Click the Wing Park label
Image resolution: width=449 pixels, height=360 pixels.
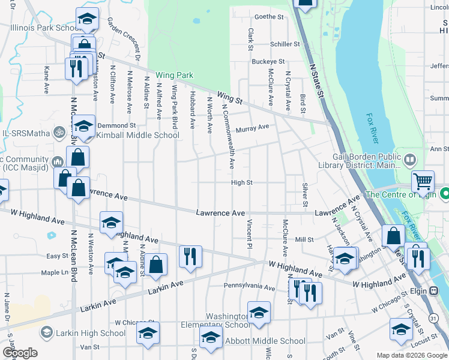(175, 76)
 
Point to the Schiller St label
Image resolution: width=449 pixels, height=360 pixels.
(285, 44)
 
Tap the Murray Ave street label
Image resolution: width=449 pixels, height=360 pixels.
(252, 128)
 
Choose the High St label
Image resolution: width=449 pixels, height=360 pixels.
(242, 182)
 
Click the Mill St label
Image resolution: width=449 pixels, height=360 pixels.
(305, 239)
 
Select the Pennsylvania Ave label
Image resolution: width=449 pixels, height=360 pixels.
(249, 287)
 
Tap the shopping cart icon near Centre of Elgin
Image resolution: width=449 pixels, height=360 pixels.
(423, 180)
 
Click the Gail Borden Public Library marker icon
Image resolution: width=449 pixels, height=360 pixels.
(410, 160)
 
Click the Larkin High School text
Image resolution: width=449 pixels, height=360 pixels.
(91, 333)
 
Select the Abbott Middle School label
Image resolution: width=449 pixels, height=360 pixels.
(265, 341)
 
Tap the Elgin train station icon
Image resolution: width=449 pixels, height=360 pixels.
(433, 290)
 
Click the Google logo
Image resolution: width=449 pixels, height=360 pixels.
(20, 353)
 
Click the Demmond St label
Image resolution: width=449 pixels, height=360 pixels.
(116, 125)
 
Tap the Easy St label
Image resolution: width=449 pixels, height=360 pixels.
(58, 256)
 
